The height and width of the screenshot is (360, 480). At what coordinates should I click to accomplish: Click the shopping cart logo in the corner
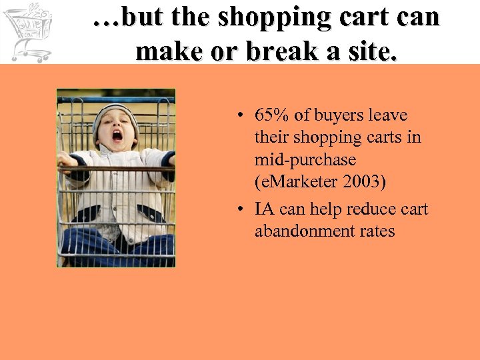tap(28, 31)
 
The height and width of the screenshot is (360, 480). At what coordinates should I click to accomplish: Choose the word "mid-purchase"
tap(305, 160)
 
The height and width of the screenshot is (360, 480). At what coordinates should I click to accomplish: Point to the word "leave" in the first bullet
tap(386, 115)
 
